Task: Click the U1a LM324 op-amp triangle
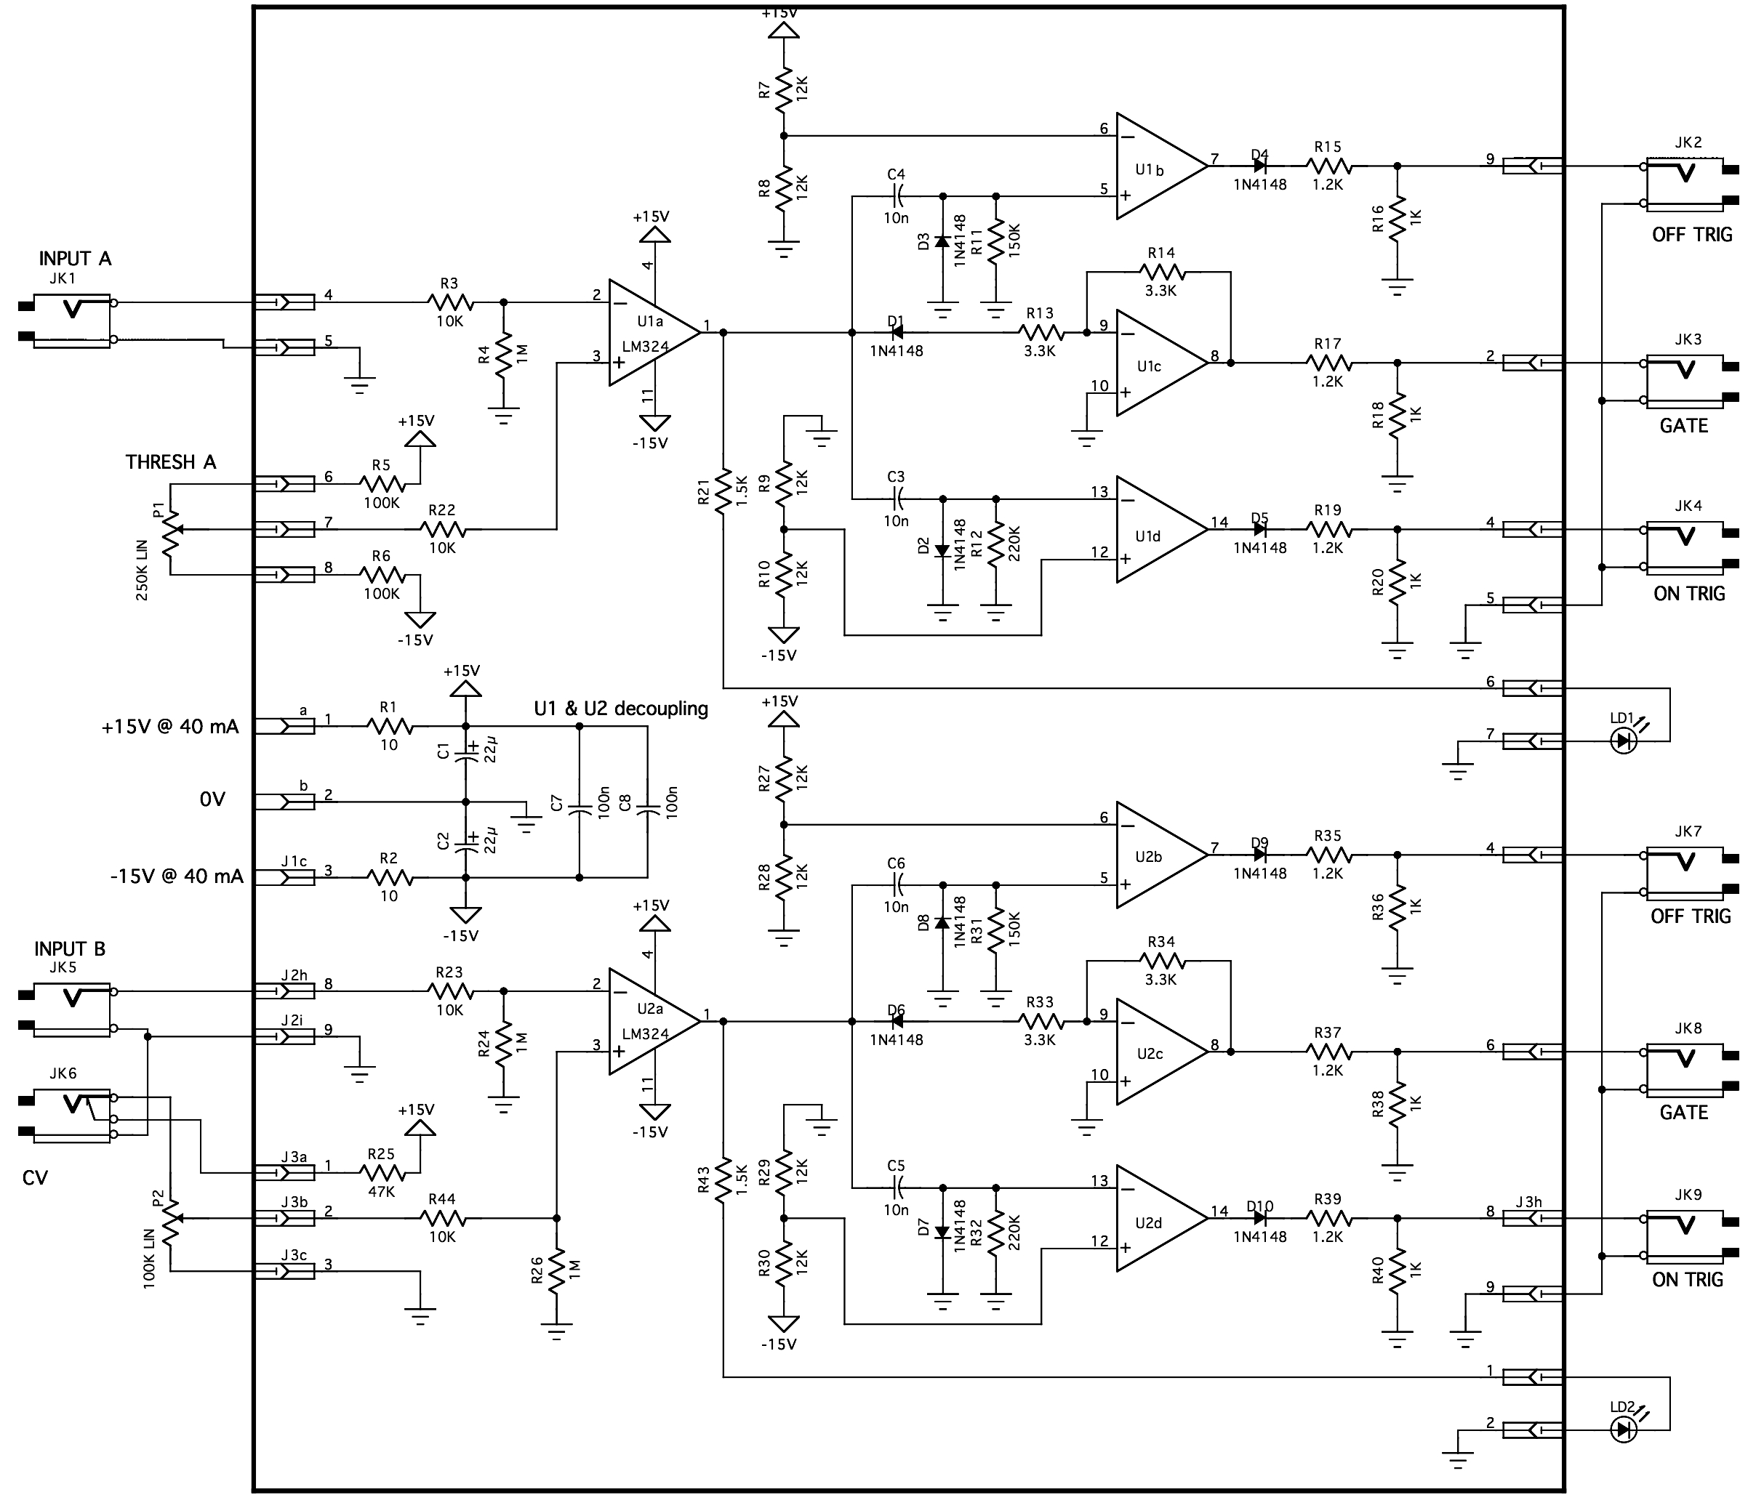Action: (x=649, y=333)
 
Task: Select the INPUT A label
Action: (x=75, y=258)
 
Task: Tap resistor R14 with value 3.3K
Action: (x=1162, y=272)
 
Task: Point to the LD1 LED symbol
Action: (x=1622, y=741)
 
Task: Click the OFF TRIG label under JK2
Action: (x=1691, y=235)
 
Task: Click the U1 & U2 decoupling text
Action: (x=621, y=709)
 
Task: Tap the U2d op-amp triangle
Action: (x=1156, y=1218)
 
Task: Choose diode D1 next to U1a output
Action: (x=896, y=333)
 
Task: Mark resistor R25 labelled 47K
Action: (x=382, y=1172)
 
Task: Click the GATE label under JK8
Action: (x=1683, y=1113)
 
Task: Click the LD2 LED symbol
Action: (x=1622, y=1429)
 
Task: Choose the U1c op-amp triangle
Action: (x=1156, y=363)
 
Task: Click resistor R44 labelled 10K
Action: (x=443, y=1218)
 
